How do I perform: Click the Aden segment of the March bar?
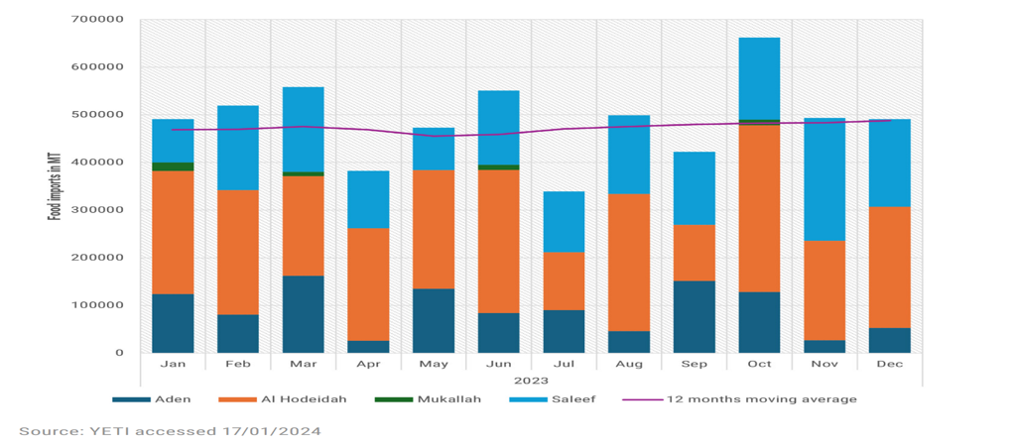pos(304,314)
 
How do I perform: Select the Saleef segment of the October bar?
pos(759,78)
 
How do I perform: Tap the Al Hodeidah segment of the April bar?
pos(368,284)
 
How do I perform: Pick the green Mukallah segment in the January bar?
pos(173,167)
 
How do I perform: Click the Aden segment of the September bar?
pos(694,317)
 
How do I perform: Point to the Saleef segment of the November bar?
pos(824,179)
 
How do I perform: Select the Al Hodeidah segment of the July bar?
pos(564,281)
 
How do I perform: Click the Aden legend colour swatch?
pos(131,399)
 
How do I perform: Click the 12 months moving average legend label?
pos(762,399)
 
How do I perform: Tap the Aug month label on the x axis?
pos(629,365)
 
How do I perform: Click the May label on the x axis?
pos(434,365)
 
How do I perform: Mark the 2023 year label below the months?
pos(531,381)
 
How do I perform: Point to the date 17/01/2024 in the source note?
pos(282,431)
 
